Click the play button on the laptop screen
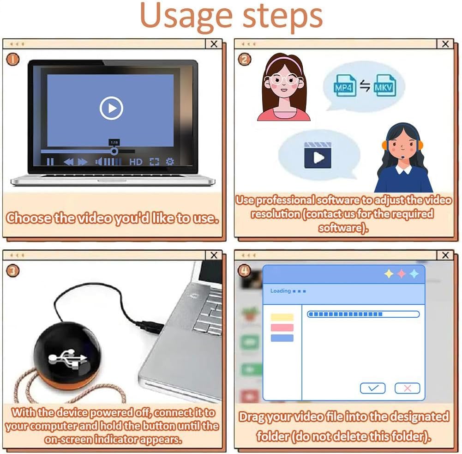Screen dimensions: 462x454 click(x=111, y=108)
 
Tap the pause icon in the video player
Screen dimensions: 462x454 click(x=50, y=162)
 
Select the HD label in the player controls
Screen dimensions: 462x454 click(x=136, y=162)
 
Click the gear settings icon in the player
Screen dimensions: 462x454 click(x=170, y=161)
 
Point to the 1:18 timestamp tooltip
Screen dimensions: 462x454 click(x=114, y=142)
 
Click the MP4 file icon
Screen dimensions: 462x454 click(x=344, y=85)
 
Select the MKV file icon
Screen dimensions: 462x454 click(x=384, y=85)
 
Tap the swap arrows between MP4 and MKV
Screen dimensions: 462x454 click(x=365, y=86)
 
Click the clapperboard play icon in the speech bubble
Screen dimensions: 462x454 click(x=318, y=155)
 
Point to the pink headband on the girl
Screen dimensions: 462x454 click(x=283, y=61)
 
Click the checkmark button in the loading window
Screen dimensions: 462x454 click(x=373, y=388)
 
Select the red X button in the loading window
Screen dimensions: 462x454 click(x=408, y=388)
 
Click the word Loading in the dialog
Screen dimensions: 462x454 click(x=281, y=291)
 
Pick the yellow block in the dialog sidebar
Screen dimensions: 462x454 click(x=282, y=317)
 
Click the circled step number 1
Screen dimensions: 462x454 click(x=12, y=59)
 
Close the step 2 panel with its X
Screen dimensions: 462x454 click(x=445, y=44)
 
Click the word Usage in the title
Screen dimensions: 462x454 click(x=186, y=15)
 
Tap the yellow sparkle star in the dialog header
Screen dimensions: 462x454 click(x=389, y=273)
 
